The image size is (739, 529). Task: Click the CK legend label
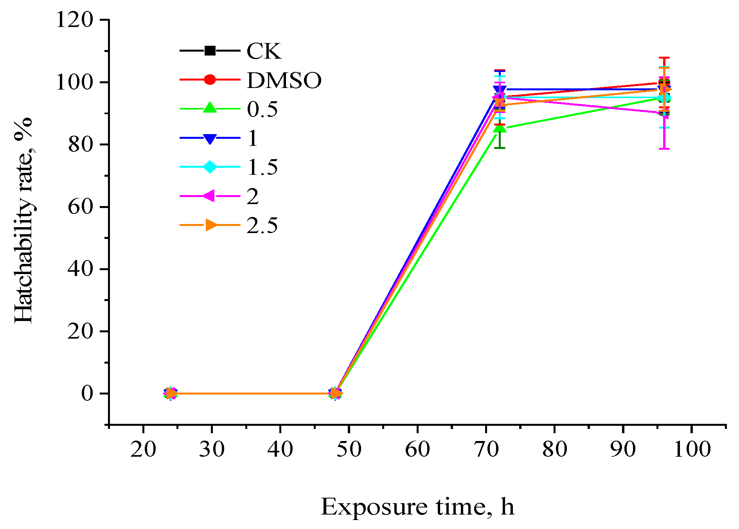coord(264,51)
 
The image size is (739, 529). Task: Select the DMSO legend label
coord(284,80)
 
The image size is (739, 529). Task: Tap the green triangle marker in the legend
coord(210,108)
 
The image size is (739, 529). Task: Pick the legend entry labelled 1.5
coord(262,167)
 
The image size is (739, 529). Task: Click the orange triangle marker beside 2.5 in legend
coord(211,225)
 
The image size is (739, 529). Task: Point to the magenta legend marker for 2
coord(209,196)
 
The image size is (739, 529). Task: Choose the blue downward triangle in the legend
coord(210,138)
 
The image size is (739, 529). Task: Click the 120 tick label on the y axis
coord(75,20)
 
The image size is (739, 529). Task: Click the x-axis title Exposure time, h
coord(417,507)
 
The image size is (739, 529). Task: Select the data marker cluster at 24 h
coord(170,393)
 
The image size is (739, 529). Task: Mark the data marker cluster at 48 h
coord(335,393)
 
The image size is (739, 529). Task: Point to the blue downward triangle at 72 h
coord(500,90)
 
